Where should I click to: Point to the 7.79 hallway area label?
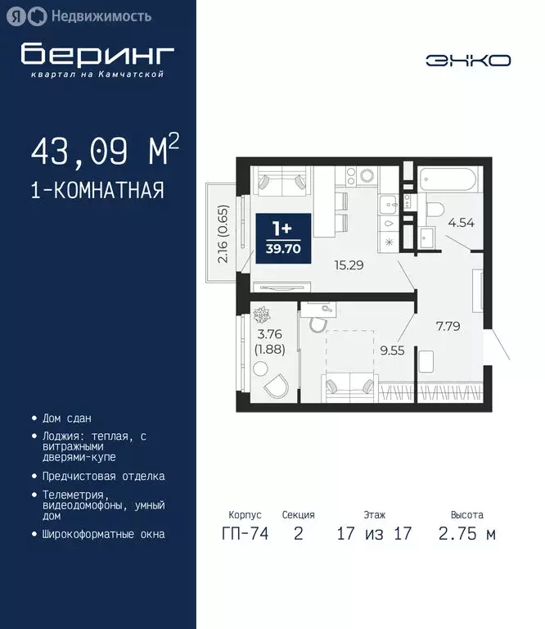point(447,325)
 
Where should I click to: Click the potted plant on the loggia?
point(262,315)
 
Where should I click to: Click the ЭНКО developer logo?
point(468,60)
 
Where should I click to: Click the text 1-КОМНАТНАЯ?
point(97,191)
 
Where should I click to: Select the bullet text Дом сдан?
point(67,418)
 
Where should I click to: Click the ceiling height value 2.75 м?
point(467,535)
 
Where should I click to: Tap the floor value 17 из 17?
point(374,535)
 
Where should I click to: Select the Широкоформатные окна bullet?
point(103,534)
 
